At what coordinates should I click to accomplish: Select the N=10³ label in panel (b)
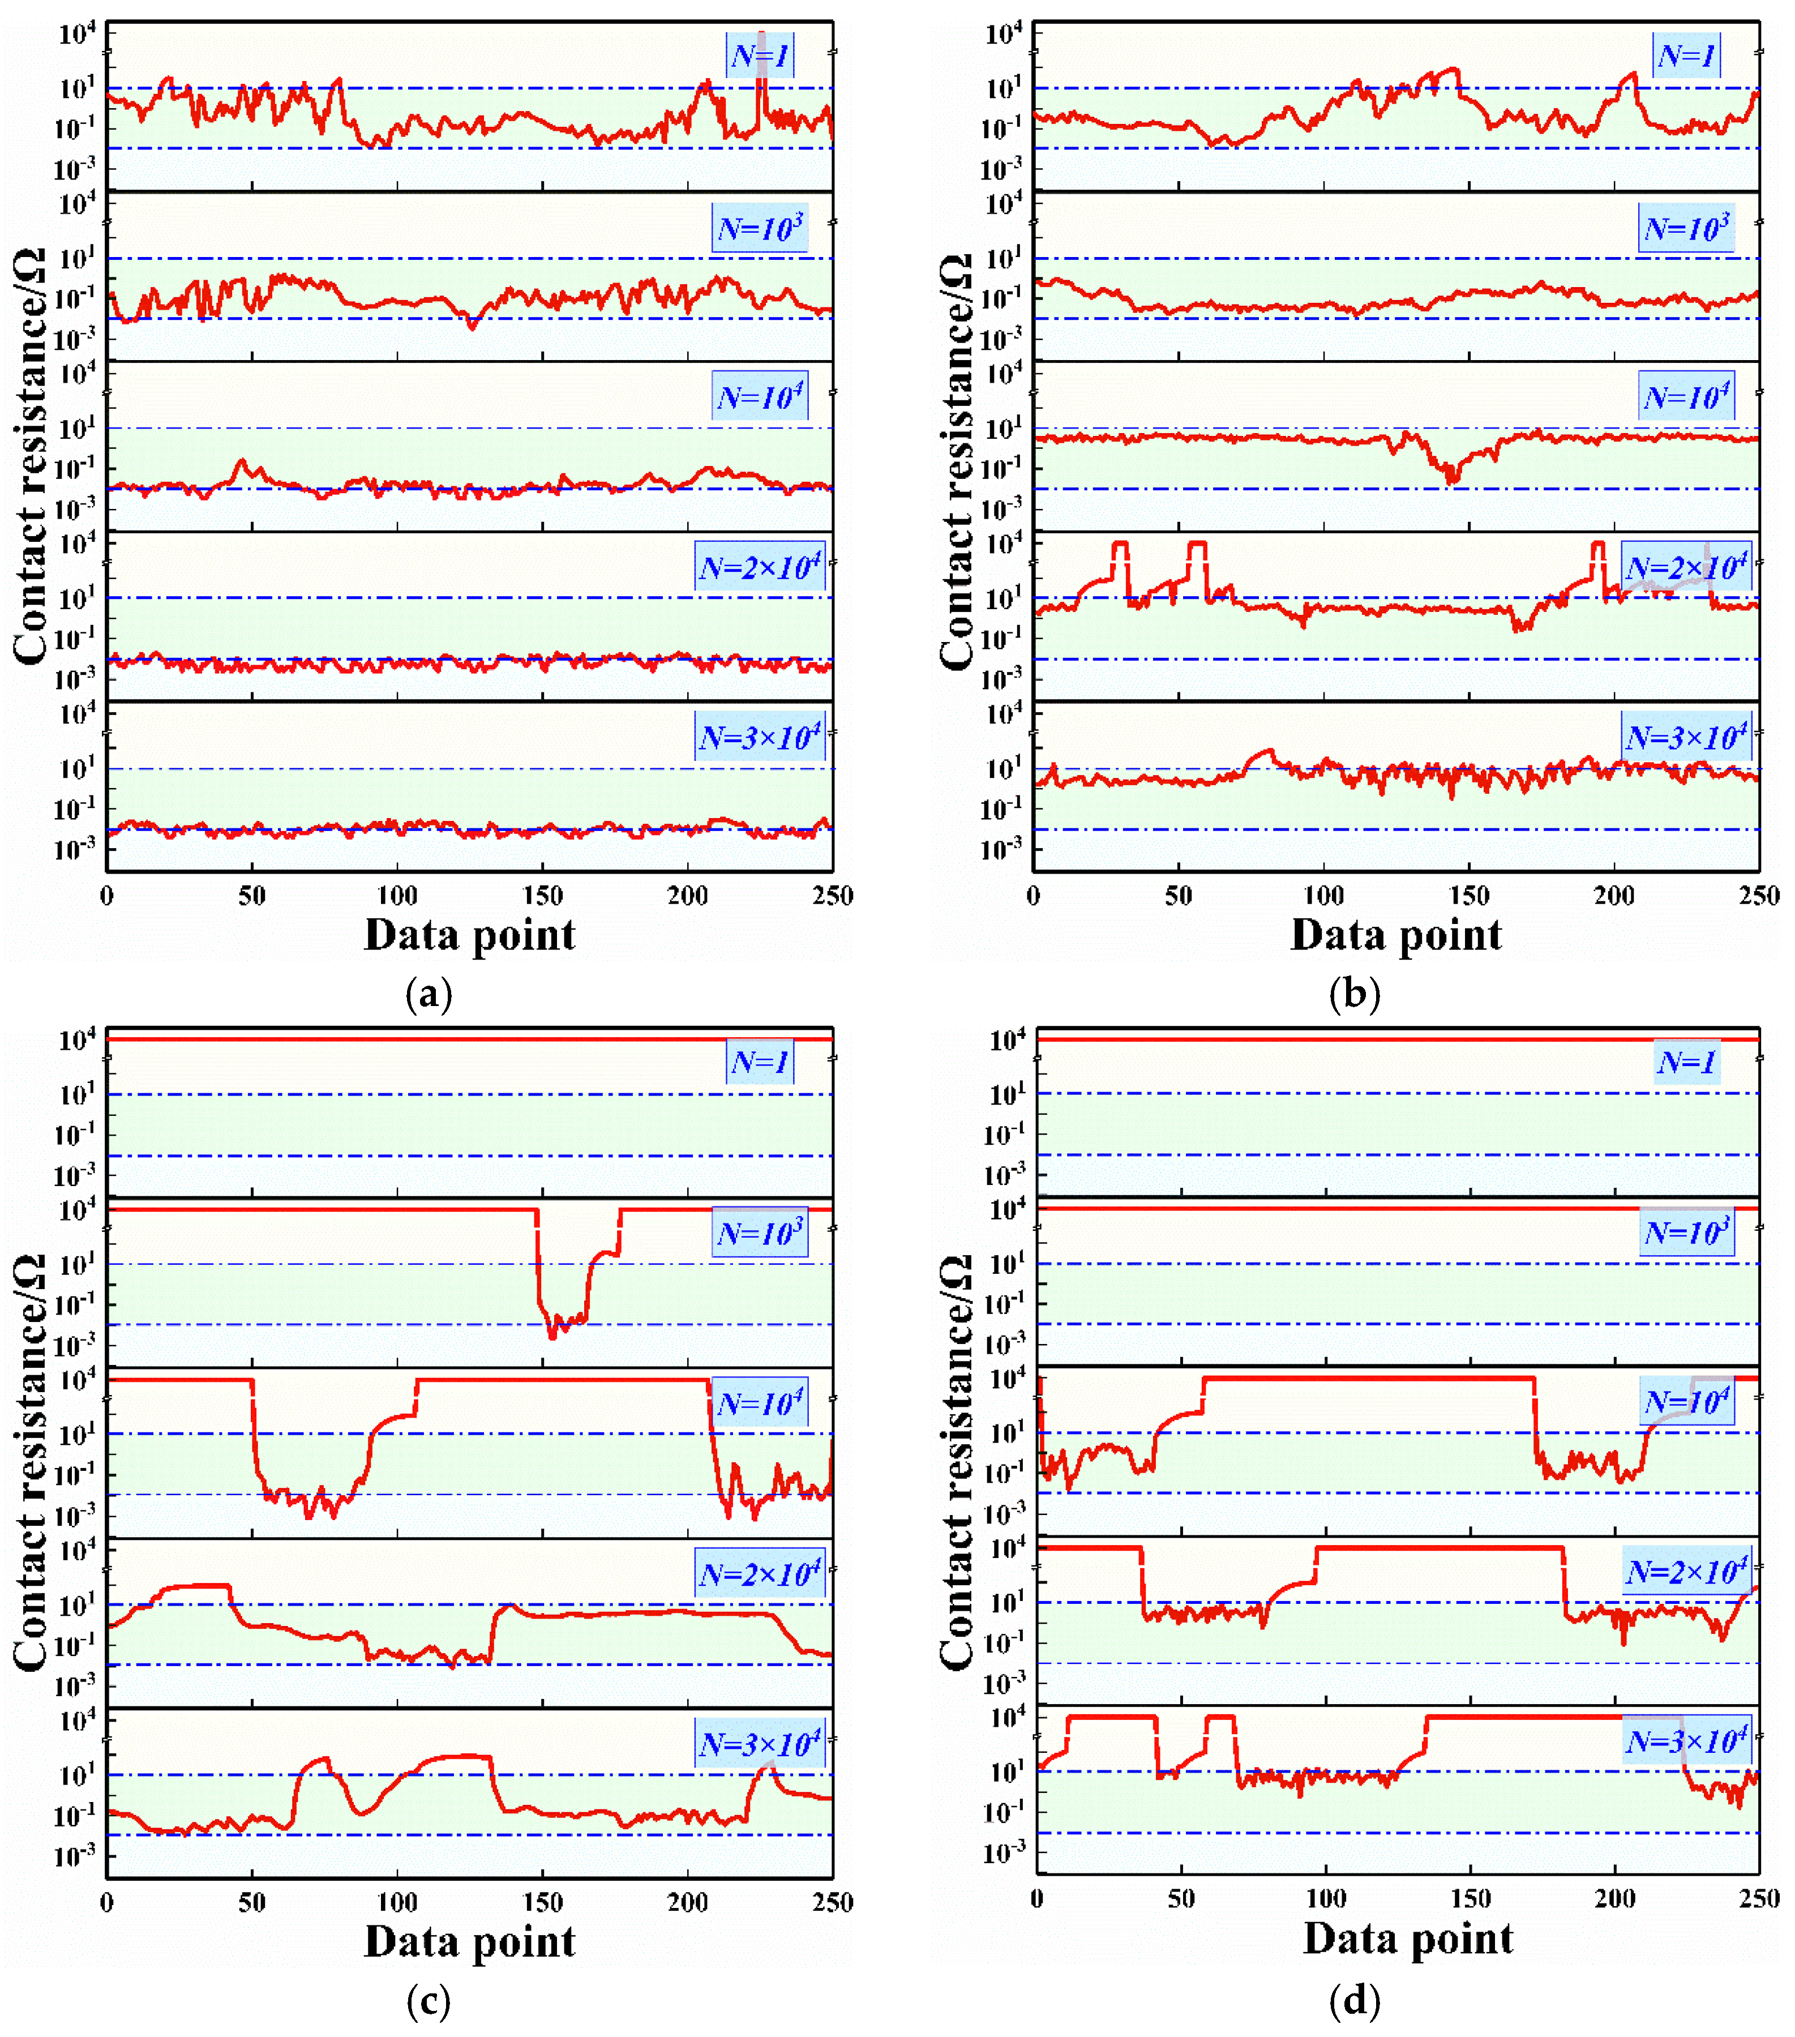point(1686,228)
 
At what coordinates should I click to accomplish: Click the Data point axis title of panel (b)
point(1395,935)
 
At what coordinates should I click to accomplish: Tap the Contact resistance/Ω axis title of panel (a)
point(30,456)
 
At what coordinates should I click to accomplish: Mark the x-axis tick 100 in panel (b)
point(1323,895)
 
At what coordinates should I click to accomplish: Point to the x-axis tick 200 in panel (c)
point(688,1902)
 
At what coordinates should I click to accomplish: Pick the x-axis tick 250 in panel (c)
point(832,1902)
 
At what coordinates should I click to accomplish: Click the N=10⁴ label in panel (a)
point(760,397)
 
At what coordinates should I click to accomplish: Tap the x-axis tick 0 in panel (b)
point(1034,895)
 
